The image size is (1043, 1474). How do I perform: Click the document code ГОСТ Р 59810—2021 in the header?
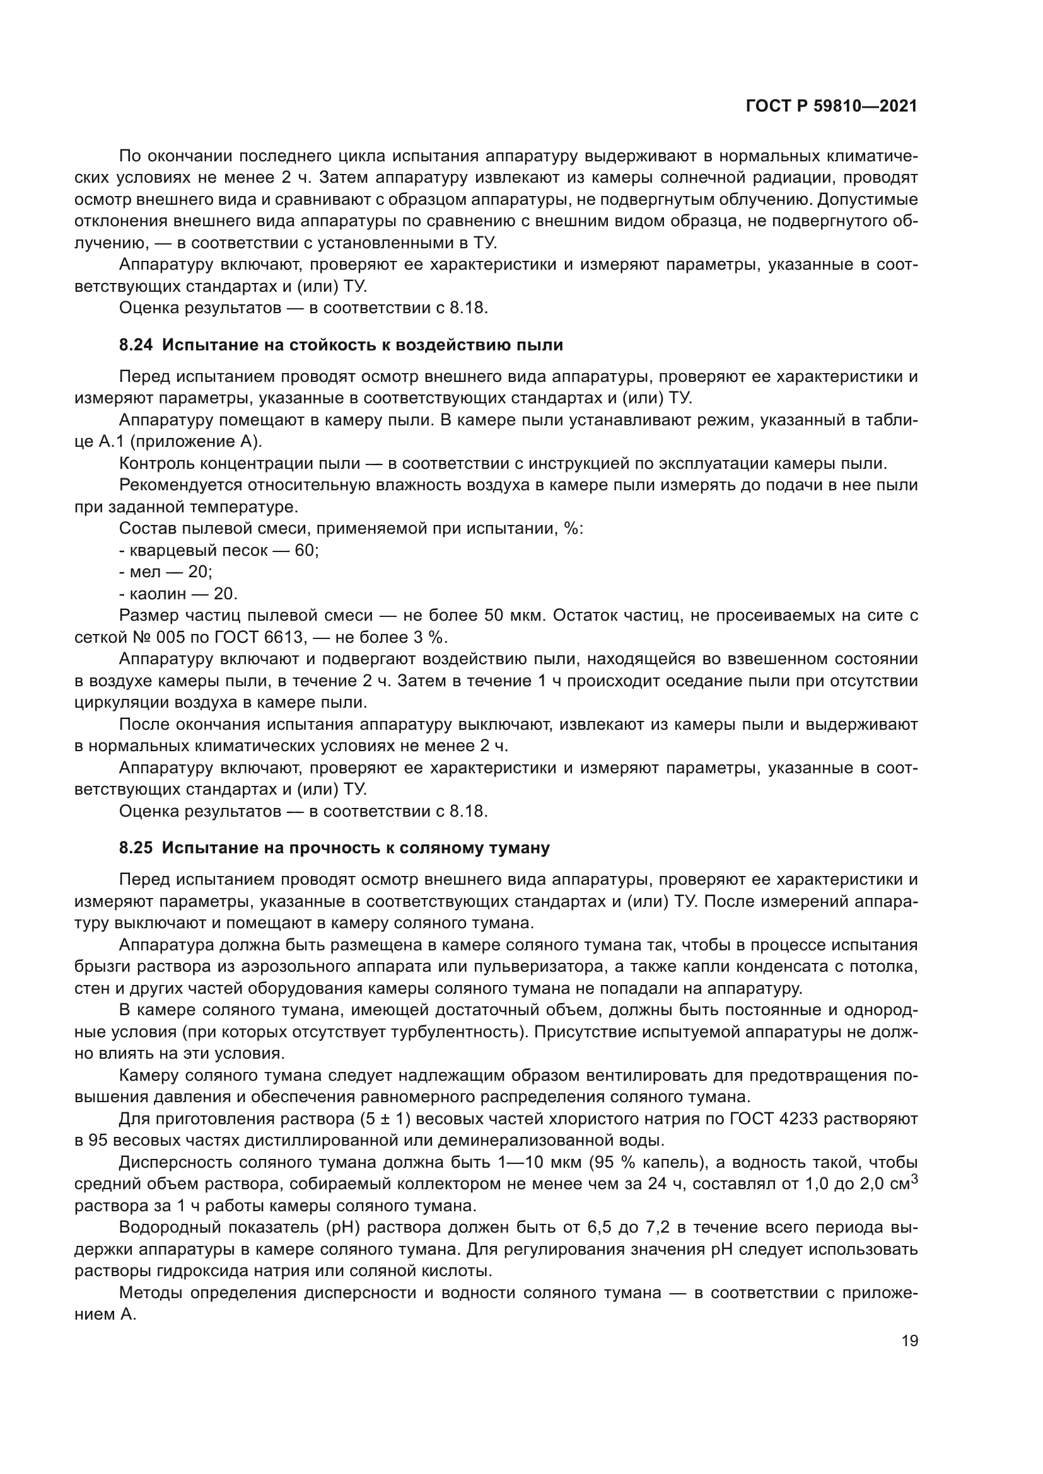coord(831,107)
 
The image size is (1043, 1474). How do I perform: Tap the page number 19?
coord(909,1340)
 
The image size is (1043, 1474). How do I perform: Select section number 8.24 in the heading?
coord(136,345)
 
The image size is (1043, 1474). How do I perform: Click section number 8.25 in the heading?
coord(136,848)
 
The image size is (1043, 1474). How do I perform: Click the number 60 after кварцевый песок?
coord(306,550)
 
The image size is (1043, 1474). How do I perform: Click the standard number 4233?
coord(798,1119)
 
